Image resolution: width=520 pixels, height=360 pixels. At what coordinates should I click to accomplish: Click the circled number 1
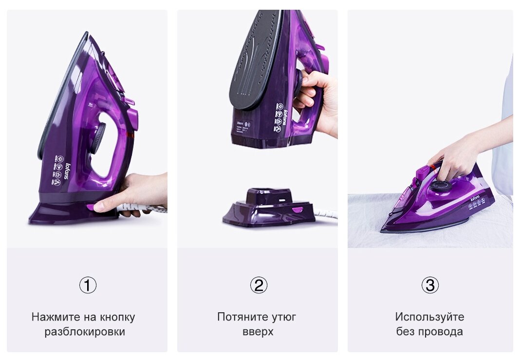pos(88,285)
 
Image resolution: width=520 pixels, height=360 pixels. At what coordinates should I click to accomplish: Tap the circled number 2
pos(259,285)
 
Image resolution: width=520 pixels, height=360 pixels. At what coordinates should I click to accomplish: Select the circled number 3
pos(430,285)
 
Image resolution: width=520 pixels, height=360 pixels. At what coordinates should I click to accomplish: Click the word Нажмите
pos(52,317)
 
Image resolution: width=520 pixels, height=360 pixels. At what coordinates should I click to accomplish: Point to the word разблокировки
pos(85,332)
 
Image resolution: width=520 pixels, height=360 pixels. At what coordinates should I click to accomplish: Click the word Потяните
pos(240,317)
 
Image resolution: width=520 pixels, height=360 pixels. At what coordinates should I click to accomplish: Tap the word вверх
pos(258,332)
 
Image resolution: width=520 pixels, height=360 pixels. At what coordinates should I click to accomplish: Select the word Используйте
pos(429,317)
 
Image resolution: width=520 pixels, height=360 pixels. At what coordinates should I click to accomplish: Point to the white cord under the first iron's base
pos(141,208)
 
